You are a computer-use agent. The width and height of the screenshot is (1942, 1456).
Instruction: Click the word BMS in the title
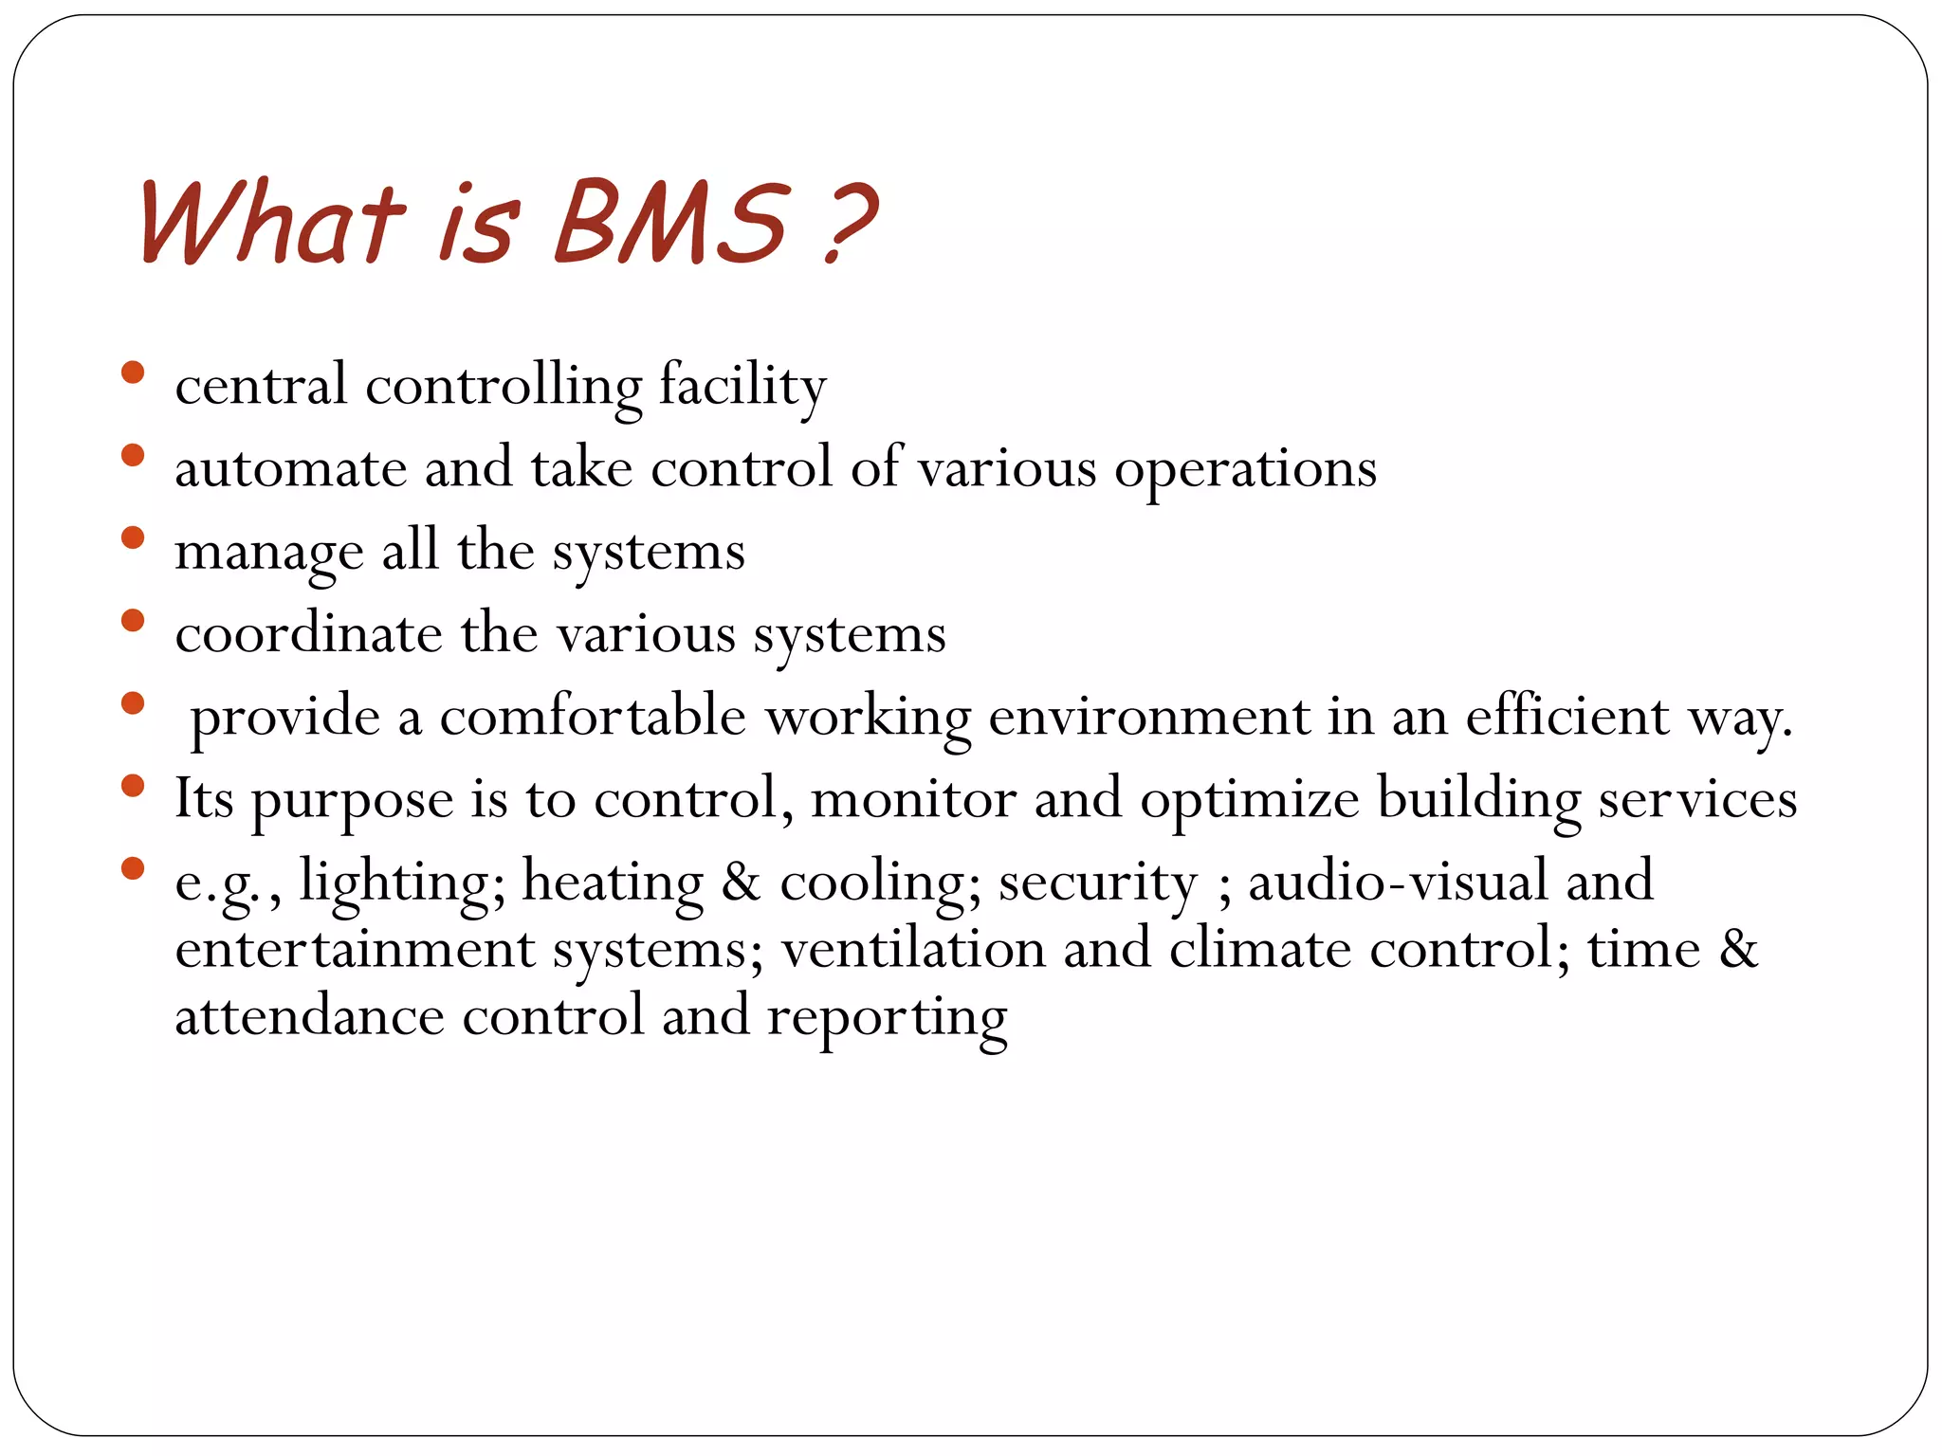[670, 224]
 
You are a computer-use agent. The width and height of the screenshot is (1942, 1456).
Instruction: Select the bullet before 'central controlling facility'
[133, 373]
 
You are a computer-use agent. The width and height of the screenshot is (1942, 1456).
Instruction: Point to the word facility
[742, 386]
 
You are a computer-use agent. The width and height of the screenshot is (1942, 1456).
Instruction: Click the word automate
[290, 469]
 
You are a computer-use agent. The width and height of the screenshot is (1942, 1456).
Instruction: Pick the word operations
[1245, 469]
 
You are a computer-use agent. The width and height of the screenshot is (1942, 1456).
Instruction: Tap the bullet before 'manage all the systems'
[133, 538]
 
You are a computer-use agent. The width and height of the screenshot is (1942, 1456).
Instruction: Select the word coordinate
[308, 633]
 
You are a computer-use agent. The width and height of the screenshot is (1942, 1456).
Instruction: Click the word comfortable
[593, 717]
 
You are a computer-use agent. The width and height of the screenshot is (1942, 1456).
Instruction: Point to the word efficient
[1567, 717]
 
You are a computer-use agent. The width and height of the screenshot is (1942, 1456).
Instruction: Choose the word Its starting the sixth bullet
[204, 798]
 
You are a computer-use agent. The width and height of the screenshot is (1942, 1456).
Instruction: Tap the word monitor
[913, 798]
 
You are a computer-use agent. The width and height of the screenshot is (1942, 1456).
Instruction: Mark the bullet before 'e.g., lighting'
[133, 867]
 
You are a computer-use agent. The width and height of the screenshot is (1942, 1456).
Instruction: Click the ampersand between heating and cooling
[741, 882]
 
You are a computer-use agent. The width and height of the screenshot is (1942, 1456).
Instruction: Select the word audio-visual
[1398, 882]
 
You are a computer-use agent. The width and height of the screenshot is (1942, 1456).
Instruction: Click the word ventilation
[912, 949]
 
